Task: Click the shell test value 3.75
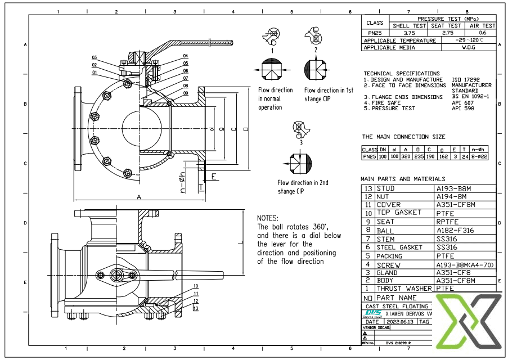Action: pyautogui.click(x=409, y=33)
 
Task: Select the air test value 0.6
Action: pyautogui.click(x=483, y=33)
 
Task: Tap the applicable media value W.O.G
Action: pyautogui.click(x=468, y=48)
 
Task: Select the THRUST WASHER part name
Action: pyautogui.click(x=404, y=289)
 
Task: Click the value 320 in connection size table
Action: pyautogui.click(x=406, y=157)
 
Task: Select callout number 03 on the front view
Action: pyautogui.click(x=95, y=57)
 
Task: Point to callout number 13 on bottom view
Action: pyautogui.click(x=195, y=308)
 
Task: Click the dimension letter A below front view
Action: pyautogui.click(x=138, y=197)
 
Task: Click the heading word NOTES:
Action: pyautogui.click(x=268, y=218)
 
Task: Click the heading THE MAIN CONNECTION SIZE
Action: pyautogui.click(x=403, y=137)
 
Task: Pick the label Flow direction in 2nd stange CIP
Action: pyautogui.click(x=303, y=187)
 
